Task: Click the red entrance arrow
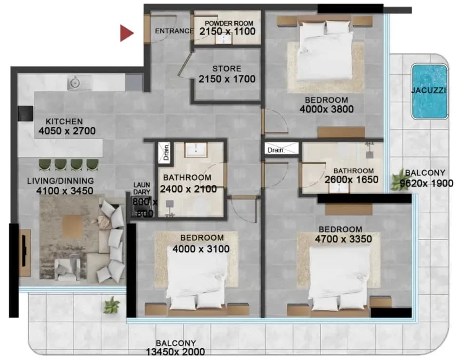[x=126, y=33]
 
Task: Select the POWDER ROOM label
[x=229, y=23]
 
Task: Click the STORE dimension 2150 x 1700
[x=227, y=79]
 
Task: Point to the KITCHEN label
[x=64, y=121]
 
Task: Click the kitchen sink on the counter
[x=75, y=82]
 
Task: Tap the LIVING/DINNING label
[x=60, y=181]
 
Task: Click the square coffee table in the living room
[x=73, y=226]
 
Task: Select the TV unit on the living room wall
[x=25, y=253]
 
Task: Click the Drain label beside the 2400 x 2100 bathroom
[x=166, y=152]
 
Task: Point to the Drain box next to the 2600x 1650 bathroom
[x=281, y=148]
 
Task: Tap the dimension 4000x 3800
[x=327, y=109]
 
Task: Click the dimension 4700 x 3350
[x=343, y=239]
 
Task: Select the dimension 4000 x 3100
[x=201, y=249]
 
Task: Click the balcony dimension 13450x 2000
[x=175, y=352]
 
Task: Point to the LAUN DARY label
[x=142, y=188]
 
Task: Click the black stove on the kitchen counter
[x=25, y=113]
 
